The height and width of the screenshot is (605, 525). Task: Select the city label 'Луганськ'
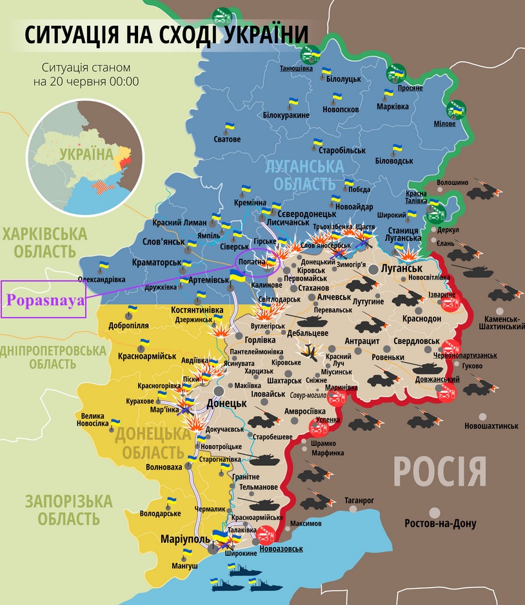pos(401,267)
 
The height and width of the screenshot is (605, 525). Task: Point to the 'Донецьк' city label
pos(227,404)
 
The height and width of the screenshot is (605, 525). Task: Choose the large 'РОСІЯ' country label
pos(439,472)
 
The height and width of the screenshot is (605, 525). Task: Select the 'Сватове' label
pos(227,139)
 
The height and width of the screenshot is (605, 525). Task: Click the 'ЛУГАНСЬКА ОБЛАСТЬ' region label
pos(304,175)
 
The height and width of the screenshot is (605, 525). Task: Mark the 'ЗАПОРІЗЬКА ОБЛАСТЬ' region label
pos(68,509)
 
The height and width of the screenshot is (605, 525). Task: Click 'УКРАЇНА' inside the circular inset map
pos(85,154)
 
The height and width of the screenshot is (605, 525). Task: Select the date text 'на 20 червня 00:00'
pos(86,82)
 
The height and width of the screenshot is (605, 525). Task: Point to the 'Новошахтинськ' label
pos(491,426)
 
